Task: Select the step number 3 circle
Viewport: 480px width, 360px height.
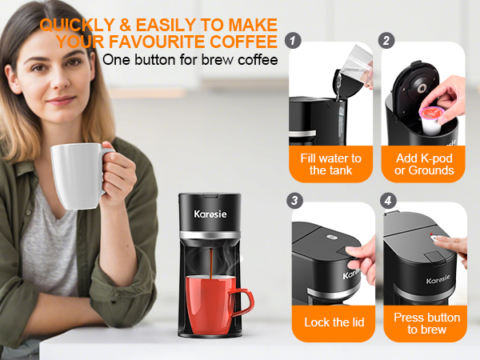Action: click(294, 200)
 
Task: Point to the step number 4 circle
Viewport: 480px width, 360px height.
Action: click(387, 200)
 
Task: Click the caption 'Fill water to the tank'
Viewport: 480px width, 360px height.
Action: click(330, 164)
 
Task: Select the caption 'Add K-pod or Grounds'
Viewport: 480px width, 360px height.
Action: click(424, 164)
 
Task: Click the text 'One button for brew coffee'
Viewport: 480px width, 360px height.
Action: click(191, 60)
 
